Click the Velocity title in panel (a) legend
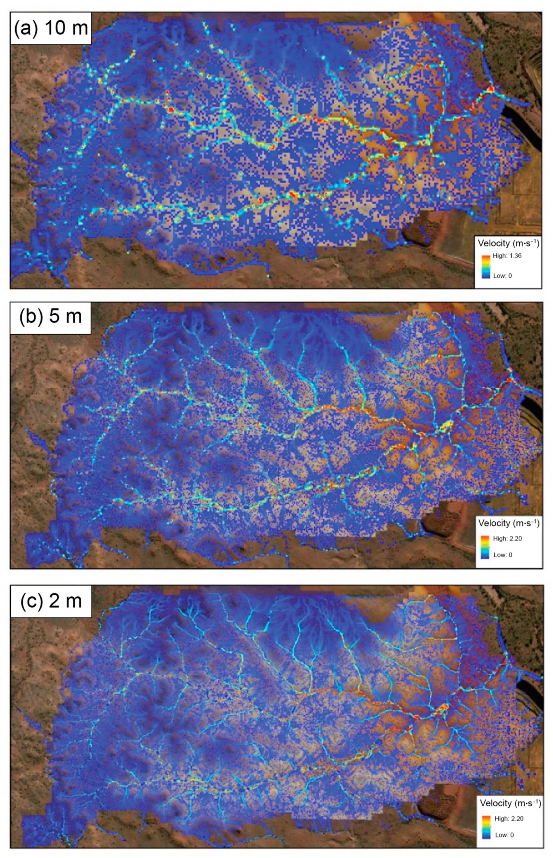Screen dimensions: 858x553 coord(508,243)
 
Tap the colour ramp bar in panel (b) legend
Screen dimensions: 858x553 coord(485,547)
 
